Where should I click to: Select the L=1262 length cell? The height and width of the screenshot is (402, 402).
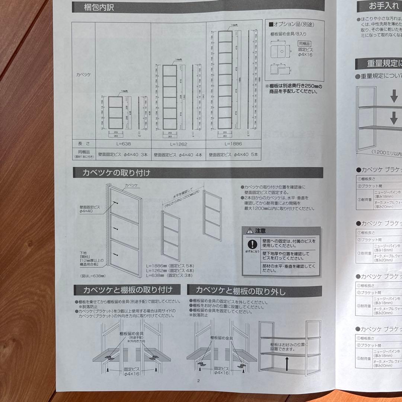pos(178,143)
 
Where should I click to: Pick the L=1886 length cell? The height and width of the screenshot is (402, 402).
pos(233,143)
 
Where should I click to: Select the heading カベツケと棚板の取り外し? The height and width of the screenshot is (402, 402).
pos(240,290)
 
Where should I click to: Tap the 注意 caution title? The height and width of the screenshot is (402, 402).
pos(261,231)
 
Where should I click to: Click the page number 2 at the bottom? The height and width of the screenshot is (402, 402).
pos(198,380)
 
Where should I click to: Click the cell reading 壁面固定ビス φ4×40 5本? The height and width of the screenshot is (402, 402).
pos(233,154)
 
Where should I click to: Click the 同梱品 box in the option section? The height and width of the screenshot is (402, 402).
pos(305,44)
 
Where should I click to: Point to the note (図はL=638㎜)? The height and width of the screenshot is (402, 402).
pos(93,276)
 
